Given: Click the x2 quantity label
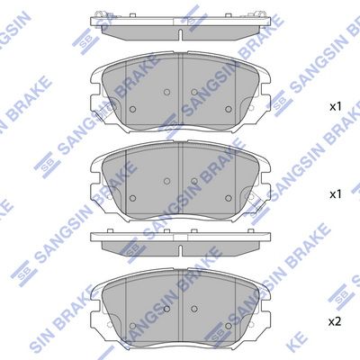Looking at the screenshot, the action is click(x=335, y=322).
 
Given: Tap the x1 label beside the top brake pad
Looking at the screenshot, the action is click(x=336, y=106).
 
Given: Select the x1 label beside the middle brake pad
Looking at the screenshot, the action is click(x=336, y=194).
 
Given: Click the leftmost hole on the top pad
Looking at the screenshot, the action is click(x=133, y=109).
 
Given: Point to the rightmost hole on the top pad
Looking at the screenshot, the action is click(x=229, y=109).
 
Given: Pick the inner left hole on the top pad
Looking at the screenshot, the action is click(x=167, y=92).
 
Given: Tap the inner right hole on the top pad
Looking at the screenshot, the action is click(x=194, y=92).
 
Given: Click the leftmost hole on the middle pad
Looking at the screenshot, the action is click(x=133, y=198).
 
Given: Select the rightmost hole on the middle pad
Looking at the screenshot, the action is click(x=229, y=198).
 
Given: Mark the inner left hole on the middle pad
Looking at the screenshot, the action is click(x=167, y=181).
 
